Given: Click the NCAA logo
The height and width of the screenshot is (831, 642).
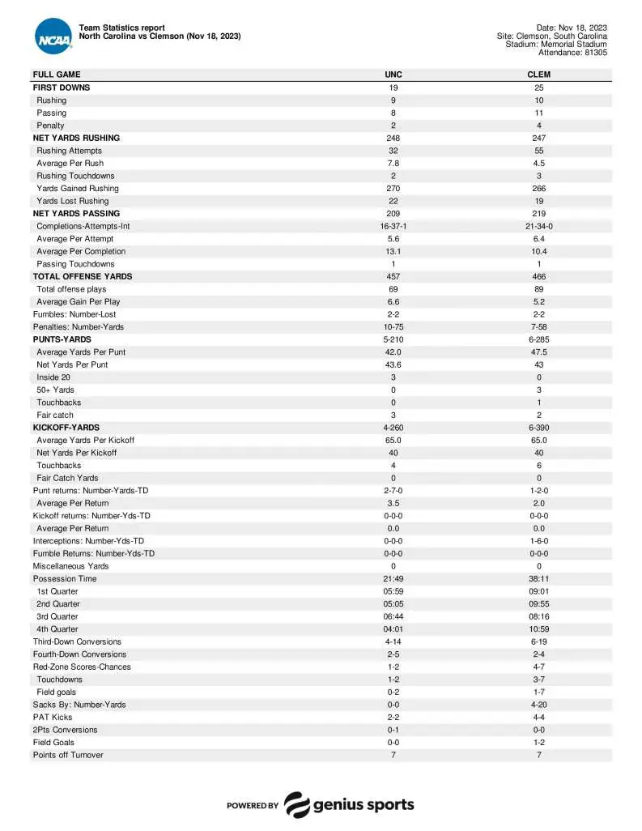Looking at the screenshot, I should (x=53, y=36).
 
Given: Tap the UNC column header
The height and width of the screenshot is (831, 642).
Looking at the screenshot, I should (x=393, y=75).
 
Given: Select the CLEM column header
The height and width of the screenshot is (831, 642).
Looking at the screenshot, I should (x=538, y=75).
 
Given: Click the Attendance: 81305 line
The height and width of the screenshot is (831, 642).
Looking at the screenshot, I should (x=572, y=53).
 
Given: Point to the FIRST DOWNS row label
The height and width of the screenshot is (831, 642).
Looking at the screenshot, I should (x=62, y=87).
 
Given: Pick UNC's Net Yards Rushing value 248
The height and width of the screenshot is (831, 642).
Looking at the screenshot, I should (x=393, y=138).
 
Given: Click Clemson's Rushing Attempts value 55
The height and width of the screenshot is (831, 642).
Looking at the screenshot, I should (x=538, y=151).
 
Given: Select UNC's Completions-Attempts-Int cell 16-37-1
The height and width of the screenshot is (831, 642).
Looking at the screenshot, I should (x=393, y=226).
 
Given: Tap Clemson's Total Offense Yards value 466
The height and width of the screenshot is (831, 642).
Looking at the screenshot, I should (x=538, y=276).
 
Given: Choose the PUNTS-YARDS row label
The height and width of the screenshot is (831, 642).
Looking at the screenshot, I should (x=62, y=339).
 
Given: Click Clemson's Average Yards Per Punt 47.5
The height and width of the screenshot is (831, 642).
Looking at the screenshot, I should (x=538, y=352).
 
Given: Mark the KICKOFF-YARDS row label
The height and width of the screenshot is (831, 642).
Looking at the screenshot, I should (x=66, y=428).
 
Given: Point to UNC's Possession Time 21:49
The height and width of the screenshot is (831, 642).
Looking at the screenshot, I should (x=393, y=578).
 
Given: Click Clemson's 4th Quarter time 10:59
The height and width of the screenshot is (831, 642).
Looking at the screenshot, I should (x=538, y=629).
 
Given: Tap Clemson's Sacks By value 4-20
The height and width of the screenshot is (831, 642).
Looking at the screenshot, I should (x=538, y=705).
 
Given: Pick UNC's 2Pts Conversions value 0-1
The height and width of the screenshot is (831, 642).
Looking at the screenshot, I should (x=393, y=730).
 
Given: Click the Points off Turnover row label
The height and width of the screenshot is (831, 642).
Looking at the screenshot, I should (x=68, y=755).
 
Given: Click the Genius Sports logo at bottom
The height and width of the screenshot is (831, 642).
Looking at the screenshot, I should (x=349, y=804).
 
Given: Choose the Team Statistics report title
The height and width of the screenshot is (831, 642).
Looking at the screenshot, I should (x=122, y=28).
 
